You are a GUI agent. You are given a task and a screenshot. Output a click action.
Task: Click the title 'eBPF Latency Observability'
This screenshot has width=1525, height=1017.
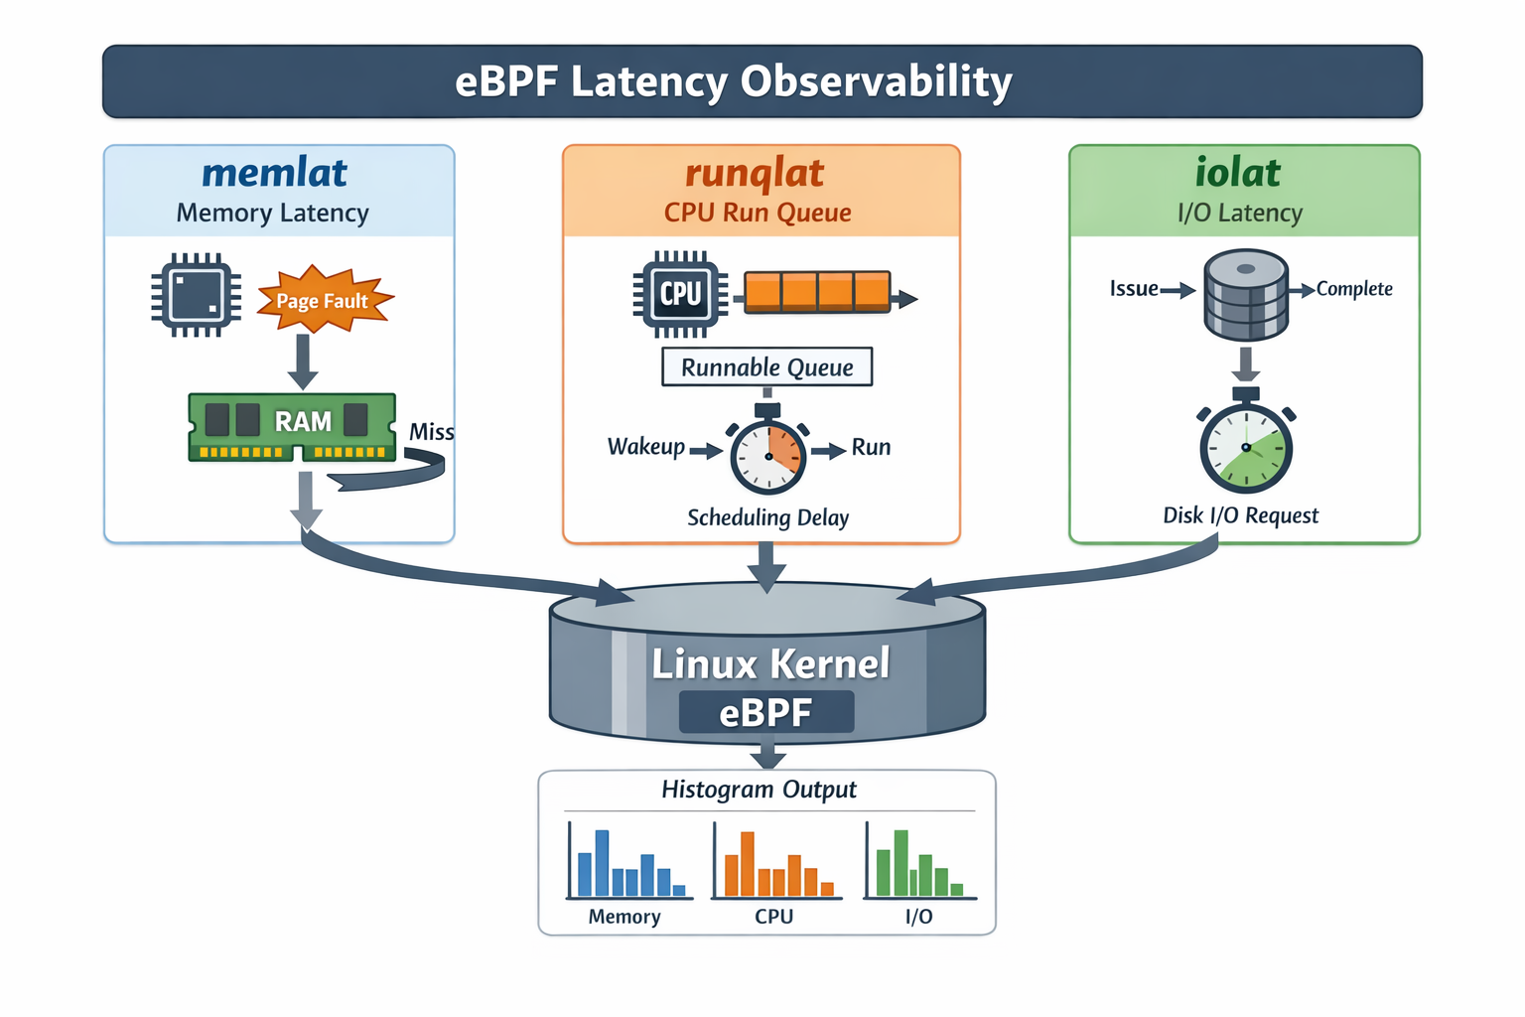tap(733, 81)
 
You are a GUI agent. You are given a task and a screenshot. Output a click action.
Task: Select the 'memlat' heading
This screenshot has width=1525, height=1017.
tap(274, 173)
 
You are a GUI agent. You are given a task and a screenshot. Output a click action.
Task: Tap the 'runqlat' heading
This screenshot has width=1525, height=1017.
tap(755, 173)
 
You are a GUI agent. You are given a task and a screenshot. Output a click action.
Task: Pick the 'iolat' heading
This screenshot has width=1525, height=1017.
tap(1237, 173)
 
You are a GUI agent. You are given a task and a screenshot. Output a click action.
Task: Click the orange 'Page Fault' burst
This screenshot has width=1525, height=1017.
tap(323, 300)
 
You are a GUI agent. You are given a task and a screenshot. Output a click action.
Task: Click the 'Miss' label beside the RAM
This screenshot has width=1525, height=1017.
tap(432, 432)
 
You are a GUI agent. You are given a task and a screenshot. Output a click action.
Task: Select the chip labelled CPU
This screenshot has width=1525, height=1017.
tap(680, 294)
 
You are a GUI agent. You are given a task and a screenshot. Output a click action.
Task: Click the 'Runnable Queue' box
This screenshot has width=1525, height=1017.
tap(766, 367)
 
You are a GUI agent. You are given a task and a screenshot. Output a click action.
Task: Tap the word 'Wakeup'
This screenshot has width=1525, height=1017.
tap(646, 447)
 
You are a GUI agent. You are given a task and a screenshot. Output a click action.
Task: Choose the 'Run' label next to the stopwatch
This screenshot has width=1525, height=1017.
tap(871, 447)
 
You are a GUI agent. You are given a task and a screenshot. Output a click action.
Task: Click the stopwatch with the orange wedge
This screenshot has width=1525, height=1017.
tap(768, 455)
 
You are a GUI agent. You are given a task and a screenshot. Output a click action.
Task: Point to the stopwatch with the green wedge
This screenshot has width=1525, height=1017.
tap(1246, 447)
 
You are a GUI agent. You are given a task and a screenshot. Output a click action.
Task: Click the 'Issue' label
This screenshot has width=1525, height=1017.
tap(1134, 289)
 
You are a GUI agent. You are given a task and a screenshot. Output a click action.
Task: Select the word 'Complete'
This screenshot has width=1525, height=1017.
tap(1354, 289)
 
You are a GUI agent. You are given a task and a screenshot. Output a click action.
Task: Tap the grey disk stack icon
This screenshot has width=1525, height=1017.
tap(1246, 296)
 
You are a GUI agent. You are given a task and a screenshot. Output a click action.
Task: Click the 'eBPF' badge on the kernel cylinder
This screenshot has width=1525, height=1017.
tap(765, 712)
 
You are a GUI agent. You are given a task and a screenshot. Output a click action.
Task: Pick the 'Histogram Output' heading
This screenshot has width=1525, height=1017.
tap(759, 790)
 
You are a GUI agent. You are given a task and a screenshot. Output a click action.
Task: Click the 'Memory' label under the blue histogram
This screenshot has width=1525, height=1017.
tap(624, 917)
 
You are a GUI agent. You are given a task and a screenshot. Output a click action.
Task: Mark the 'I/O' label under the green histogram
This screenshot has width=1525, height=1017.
tap(919, 917)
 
